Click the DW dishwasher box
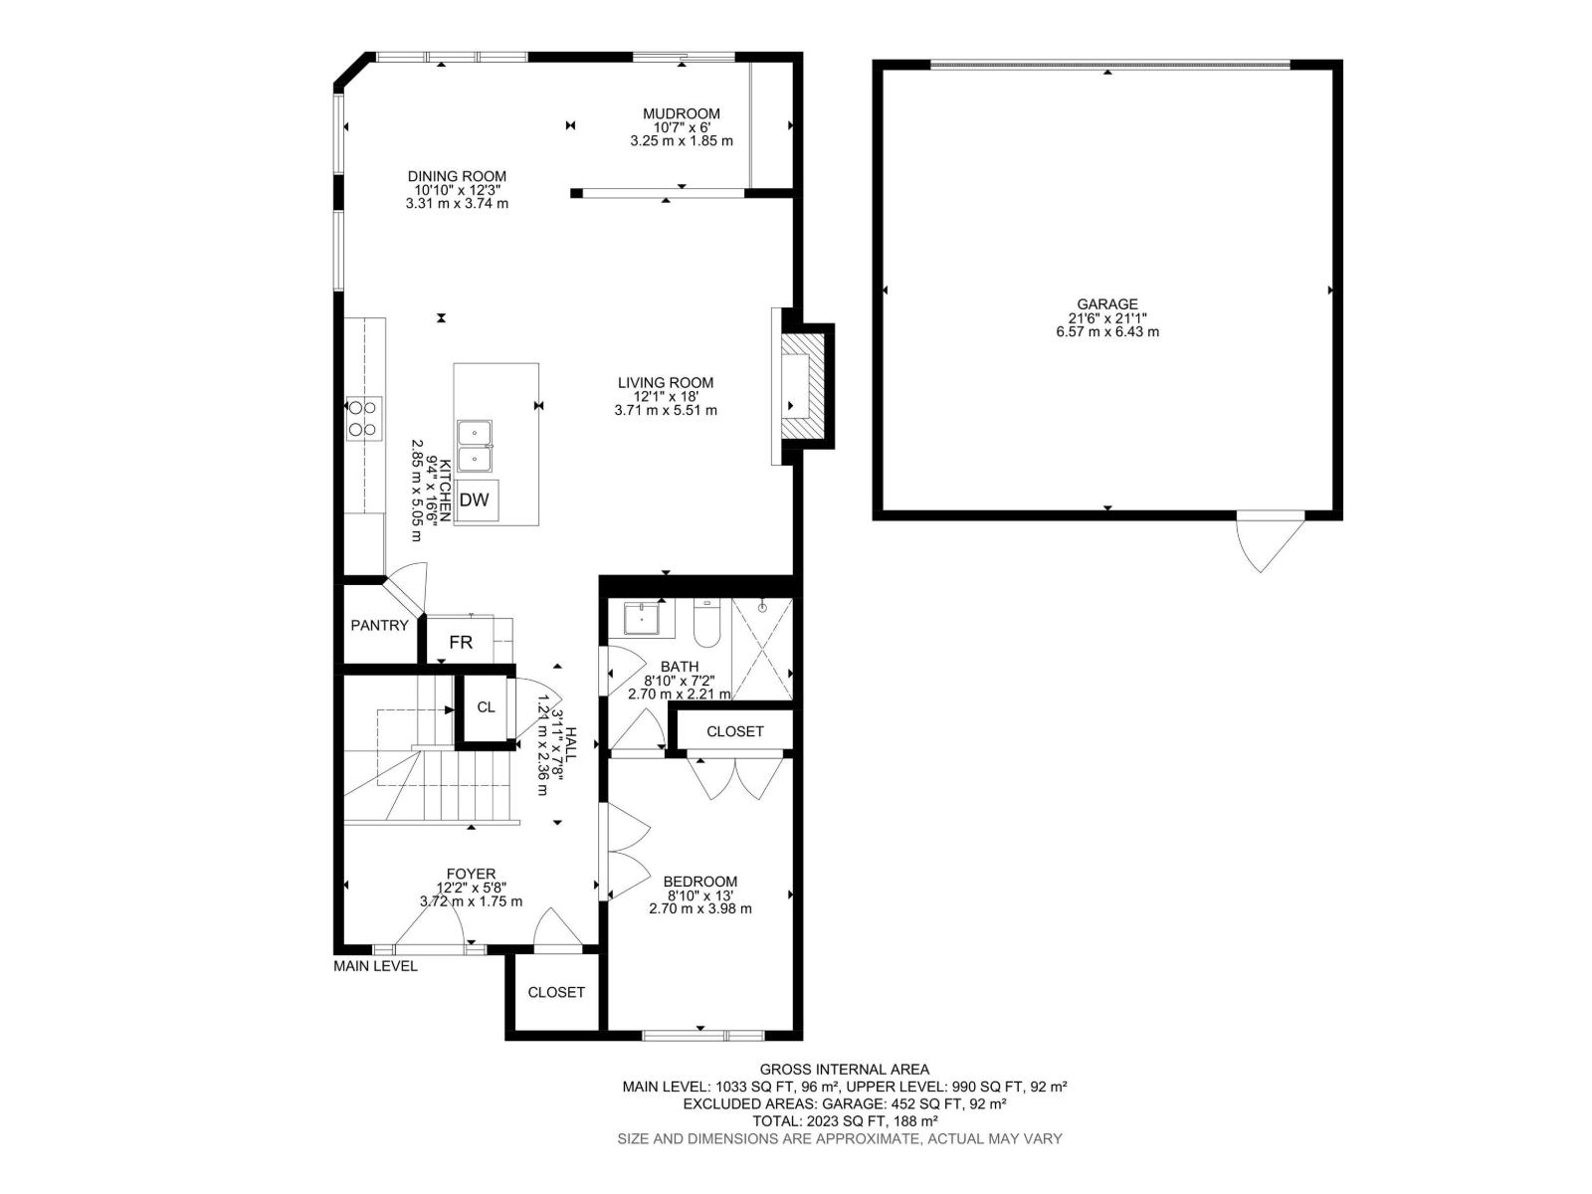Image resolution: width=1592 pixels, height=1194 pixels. (x=475, y=499)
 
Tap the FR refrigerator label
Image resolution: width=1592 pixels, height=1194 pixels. (x=461, y=643)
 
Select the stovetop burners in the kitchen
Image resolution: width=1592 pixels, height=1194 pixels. (x=364, y=418)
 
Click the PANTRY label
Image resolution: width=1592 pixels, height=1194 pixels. (x=379, y=626)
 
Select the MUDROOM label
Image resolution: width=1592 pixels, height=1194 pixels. (x=681, y=113)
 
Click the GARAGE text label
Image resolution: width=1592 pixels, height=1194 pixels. (x=1106, y=304)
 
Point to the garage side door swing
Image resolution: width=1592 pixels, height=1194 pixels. (x=1266, y=543)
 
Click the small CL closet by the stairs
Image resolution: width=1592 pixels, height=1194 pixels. (x=486, y=707)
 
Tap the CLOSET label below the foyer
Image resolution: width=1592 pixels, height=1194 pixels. (x=556, y=992)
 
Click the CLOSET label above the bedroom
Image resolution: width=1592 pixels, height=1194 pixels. (x=735, y=731)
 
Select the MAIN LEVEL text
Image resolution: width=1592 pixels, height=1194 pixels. (x=375, y=966)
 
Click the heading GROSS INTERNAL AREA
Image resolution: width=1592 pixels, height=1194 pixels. (x=845, y=1070)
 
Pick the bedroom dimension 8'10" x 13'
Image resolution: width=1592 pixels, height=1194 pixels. (x=700, y=895)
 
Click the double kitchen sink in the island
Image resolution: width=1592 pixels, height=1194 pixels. (x=475, y=446)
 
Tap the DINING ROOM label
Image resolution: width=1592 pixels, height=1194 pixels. (x=457, y=176)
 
